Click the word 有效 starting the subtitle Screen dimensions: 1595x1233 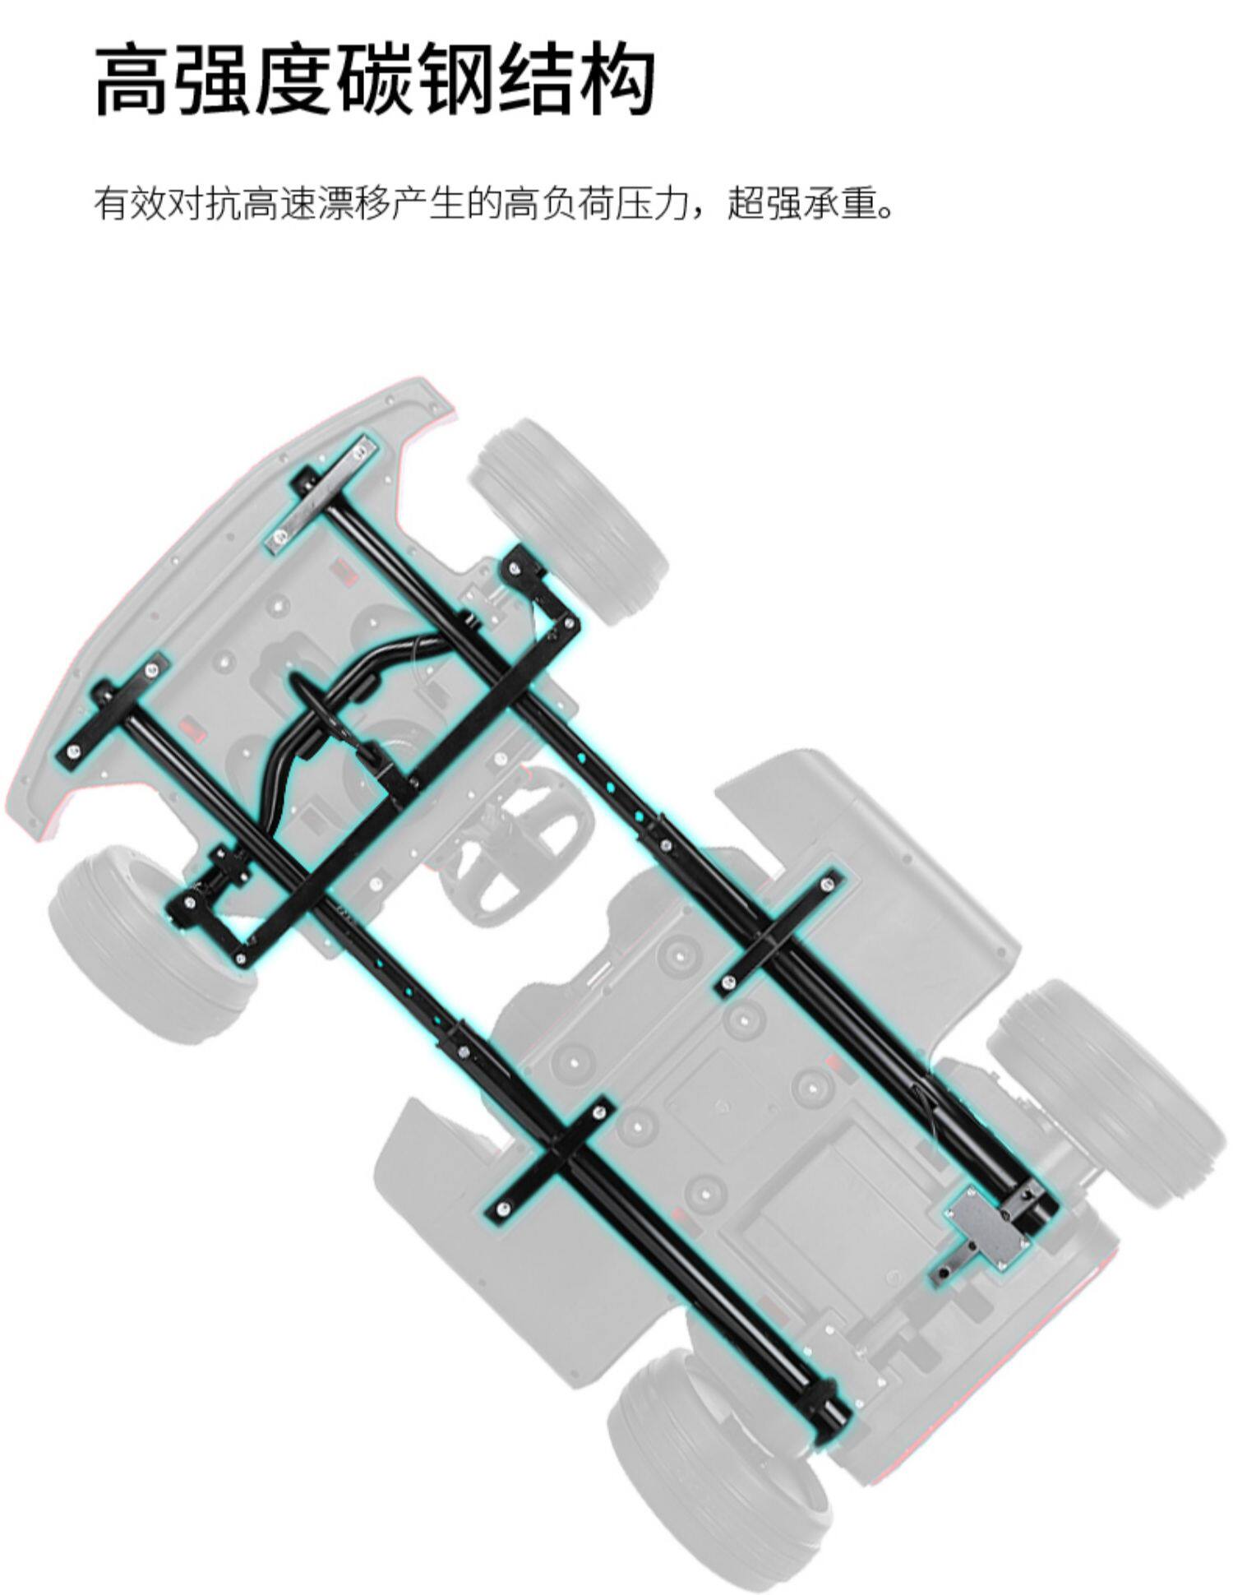tap(130, 204)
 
